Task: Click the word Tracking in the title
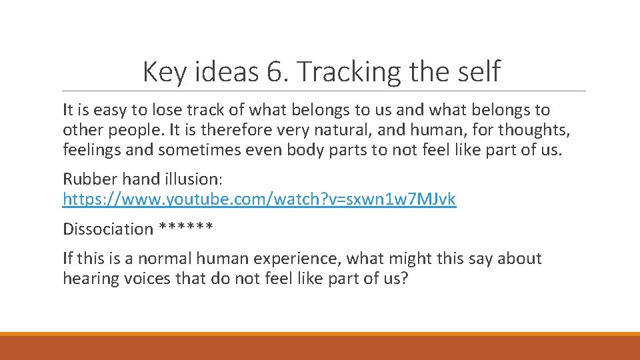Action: coord(346,72)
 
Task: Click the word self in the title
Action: coord(476,72)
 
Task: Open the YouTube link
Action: coord(259,199)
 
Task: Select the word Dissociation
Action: coord(108,229)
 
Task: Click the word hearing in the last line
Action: coord(89,279)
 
